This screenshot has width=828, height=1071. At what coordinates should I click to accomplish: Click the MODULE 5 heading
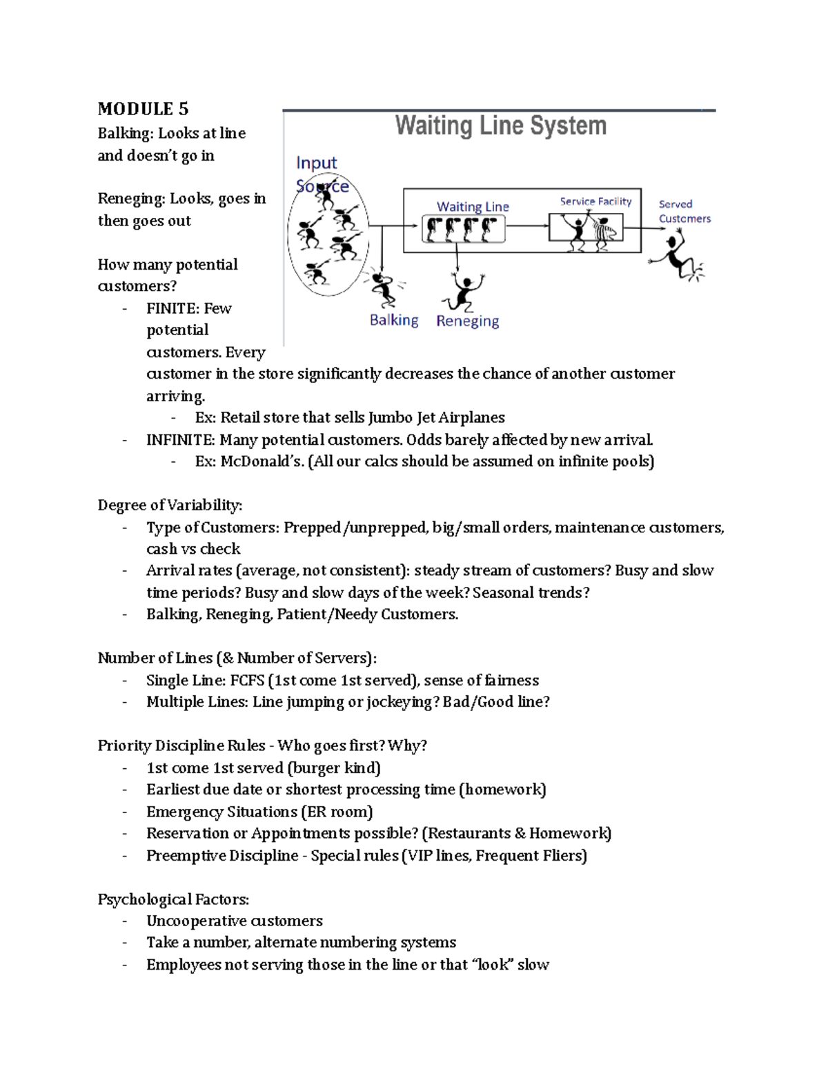click(x=143, y=109)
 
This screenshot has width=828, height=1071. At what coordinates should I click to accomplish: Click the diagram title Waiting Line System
click(x=500, y=126)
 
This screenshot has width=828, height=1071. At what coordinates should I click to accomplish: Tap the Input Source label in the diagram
click(x=319, y=174)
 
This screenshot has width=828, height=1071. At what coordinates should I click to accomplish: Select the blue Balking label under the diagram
click(x=394, y=320)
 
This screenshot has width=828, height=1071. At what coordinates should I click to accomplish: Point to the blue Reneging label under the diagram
click(x=467, y=321)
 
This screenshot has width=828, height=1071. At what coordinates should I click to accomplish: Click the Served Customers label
click(x=684, y=211)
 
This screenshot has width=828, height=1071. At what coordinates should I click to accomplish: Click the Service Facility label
click(x=595, y=201)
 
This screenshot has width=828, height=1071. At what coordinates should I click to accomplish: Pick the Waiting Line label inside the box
click(x=473, y=206)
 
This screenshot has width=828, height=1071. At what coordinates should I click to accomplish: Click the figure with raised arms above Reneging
click(x=463, y=292)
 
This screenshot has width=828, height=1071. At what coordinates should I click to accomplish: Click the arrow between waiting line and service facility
click(x=526, y=226)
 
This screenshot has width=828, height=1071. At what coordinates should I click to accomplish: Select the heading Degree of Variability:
click(x=170, y=506)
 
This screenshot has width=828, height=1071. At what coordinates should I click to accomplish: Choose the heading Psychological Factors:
click(x=173, y=899)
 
